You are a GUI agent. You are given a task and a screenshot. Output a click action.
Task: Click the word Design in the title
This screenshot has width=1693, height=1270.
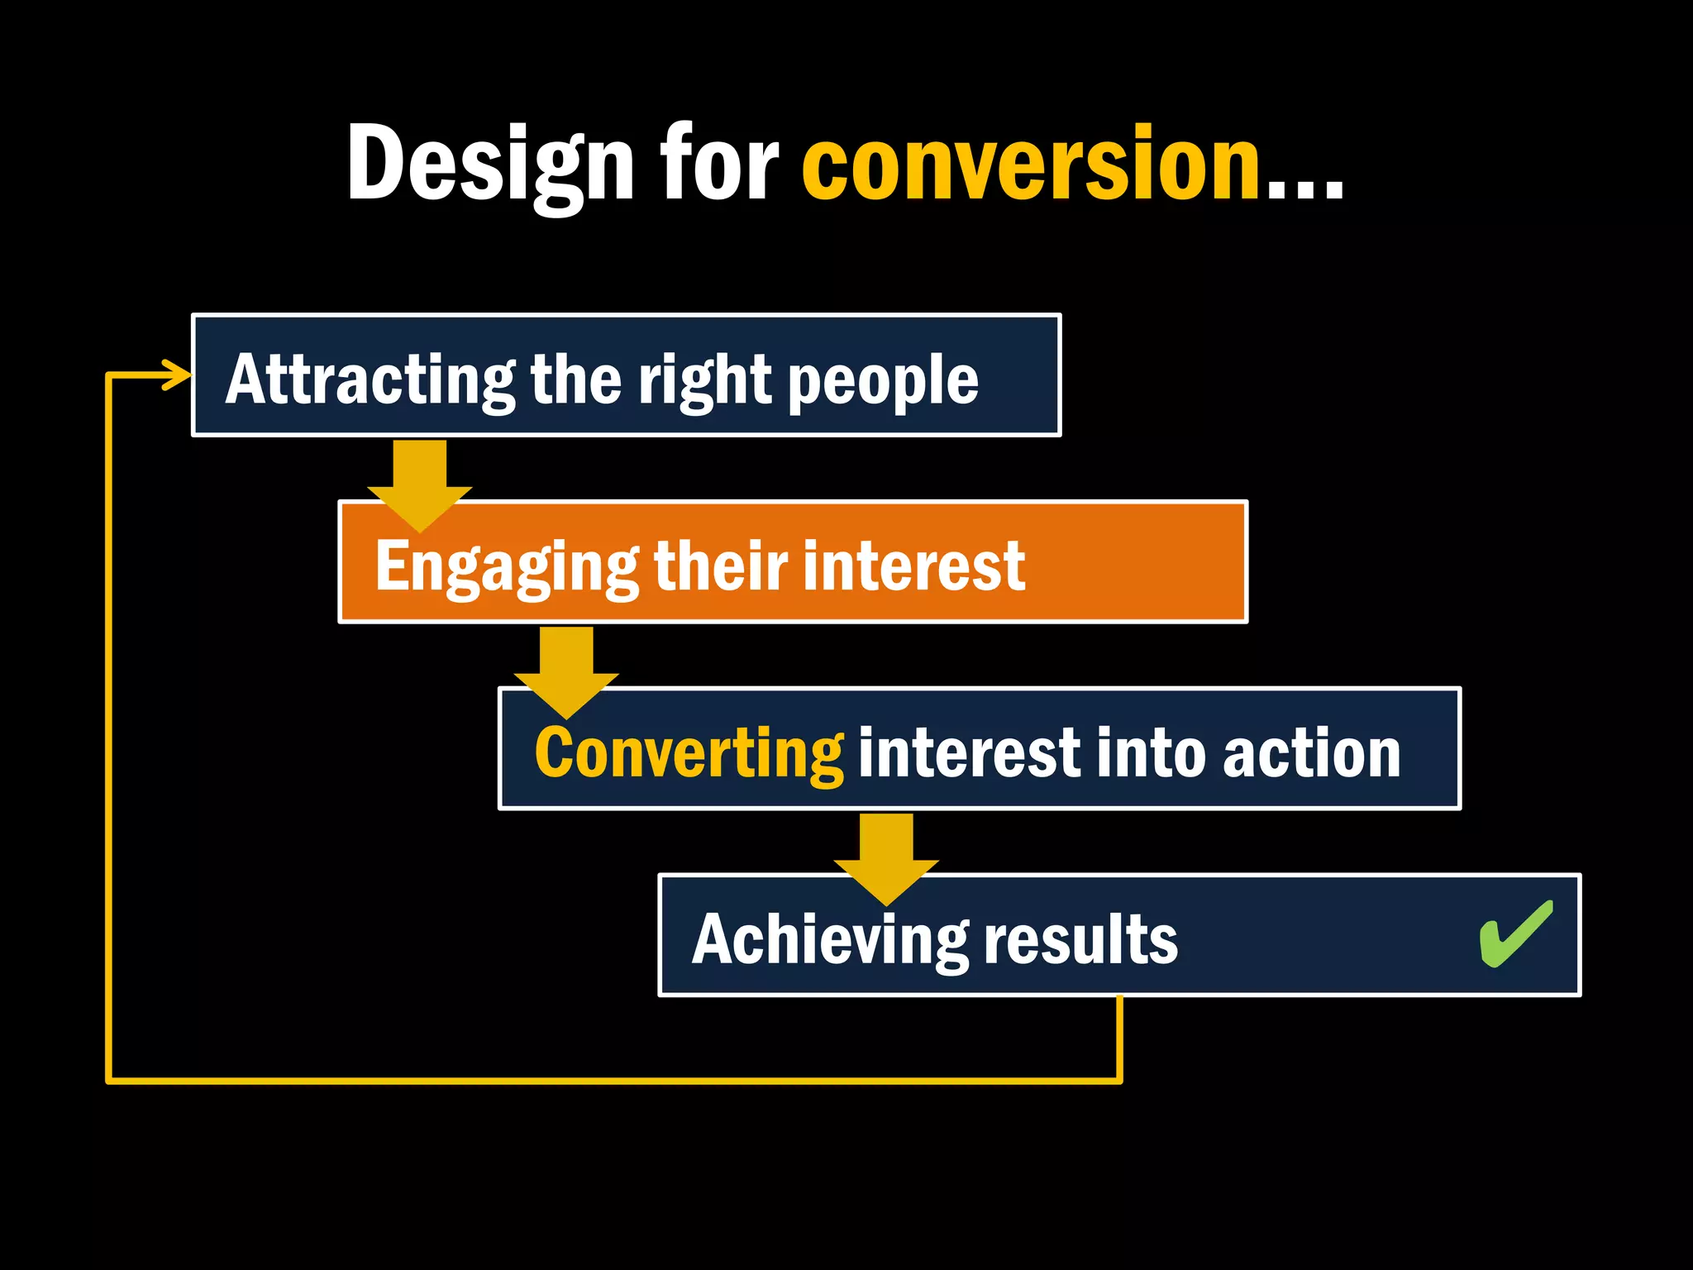489,164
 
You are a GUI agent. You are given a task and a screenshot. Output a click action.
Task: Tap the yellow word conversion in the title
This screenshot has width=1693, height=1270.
1030,164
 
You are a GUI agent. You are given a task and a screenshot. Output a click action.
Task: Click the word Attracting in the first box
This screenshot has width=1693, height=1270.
370,380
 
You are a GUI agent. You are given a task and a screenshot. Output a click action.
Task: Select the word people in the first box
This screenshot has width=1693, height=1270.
883,382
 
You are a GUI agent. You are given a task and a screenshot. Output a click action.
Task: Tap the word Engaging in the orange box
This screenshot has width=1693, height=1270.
506,567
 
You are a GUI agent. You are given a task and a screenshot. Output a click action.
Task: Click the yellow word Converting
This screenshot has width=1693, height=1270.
689,754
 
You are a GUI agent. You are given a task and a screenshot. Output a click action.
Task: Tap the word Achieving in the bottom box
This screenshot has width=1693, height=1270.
829,941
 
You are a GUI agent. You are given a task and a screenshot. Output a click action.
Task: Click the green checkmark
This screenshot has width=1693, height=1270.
1515,934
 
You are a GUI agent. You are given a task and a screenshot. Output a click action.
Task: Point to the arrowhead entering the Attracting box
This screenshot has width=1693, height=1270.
178,375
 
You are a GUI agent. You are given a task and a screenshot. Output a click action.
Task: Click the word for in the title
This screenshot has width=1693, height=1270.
718,164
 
